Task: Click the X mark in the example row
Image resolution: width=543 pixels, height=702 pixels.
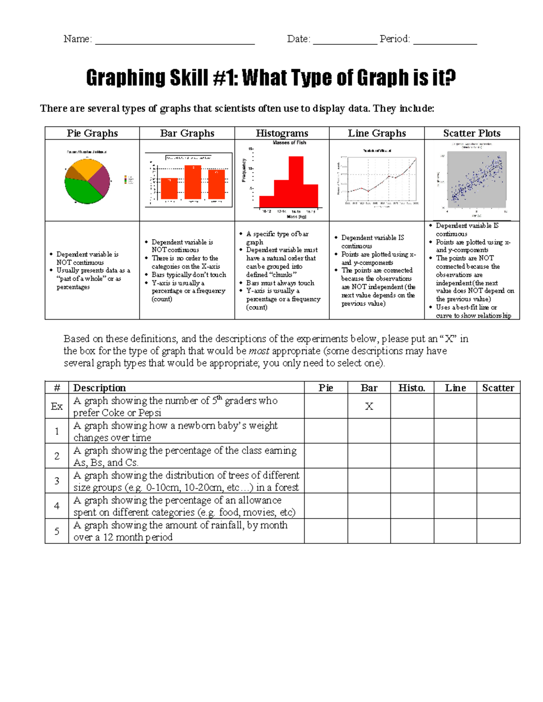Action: tap(369, 406)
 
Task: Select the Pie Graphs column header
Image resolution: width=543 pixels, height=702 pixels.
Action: tap(92, 133)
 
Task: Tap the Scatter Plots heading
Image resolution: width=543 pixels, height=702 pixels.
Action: tap(472, 133)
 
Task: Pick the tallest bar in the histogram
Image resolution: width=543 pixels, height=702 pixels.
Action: tap(296, 181)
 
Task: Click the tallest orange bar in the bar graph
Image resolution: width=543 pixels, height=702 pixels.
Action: tap(193, 182)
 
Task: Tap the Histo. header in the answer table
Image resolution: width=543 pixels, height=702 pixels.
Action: tap(411, 388)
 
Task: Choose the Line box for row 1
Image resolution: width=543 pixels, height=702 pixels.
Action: tap(455, 431)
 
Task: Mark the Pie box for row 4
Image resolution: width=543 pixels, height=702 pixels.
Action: tap(326, 506)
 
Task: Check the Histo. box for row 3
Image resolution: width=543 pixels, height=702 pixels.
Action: tap(412, 481)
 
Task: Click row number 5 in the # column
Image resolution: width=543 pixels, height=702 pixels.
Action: tap(57, 531)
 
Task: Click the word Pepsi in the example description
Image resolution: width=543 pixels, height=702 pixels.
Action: tap(150, 413)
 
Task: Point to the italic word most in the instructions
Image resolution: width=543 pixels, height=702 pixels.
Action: tap(259, 351)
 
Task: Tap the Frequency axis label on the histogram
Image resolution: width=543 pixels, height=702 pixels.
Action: tap(244, 171)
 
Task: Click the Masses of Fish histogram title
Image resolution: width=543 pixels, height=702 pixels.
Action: tap(289, 142)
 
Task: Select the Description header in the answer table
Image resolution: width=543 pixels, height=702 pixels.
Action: tap(100, 388)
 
